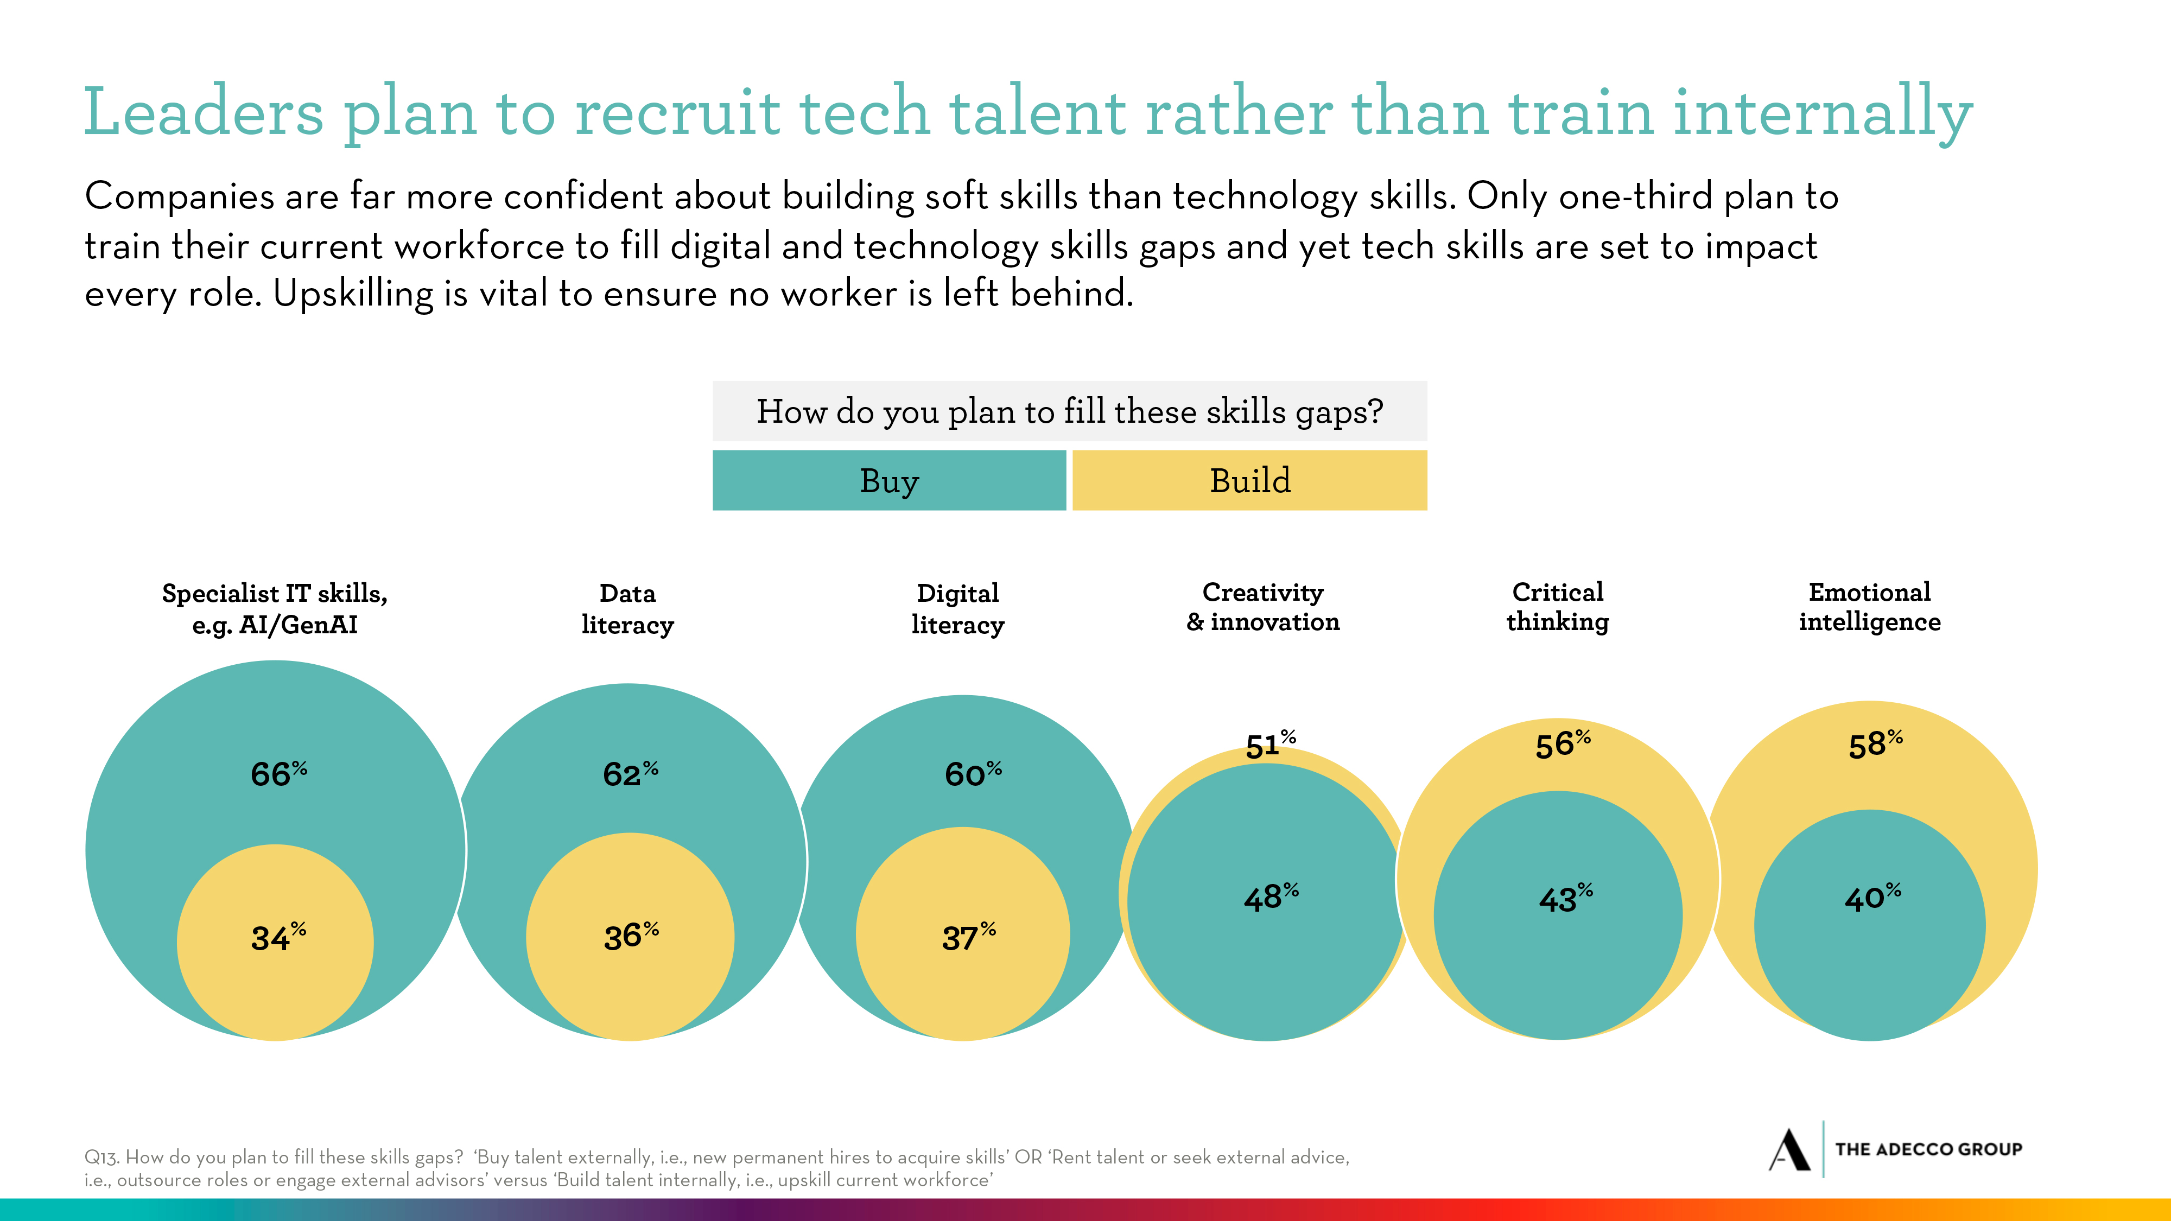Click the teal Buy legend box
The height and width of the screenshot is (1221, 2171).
click(889, 480)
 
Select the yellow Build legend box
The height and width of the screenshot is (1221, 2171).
click(1250, 480)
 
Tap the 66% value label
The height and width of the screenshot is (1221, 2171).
click(278, 773)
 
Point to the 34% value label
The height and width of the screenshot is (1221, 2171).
click(278, 937)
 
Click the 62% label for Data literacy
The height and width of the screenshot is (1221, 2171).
click(630, 773)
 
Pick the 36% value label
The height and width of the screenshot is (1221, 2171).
click(630, 936)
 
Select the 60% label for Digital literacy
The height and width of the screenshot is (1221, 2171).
click(973, 773)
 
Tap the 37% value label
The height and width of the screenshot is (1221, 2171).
click(968, 936)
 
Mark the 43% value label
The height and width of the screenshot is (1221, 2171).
click(1565, 898)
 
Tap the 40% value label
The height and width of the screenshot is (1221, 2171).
click(1872, 898)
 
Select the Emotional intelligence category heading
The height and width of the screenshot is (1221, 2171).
click(1869, 607)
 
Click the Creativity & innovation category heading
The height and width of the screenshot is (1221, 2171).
click(1262, 607)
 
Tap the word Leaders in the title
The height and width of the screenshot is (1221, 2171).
click(203, 112)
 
